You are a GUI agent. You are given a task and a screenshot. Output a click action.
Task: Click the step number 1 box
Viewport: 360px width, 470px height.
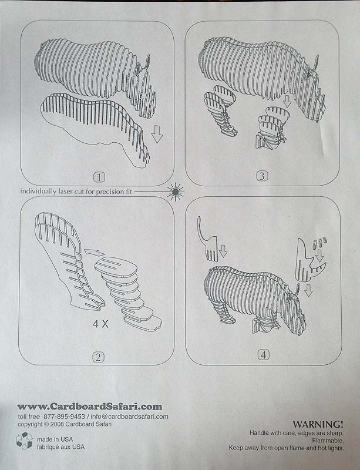click(99, 177)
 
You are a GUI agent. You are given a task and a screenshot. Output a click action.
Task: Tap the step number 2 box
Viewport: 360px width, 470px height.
click(99, 357)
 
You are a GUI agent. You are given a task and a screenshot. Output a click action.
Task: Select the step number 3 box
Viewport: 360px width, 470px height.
click(262, 176)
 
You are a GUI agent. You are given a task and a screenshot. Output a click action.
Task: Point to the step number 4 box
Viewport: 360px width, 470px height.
click(264, 355)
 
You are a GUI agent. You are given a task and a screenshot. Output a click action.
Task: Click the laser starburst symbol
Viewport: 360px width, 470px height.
click(176, 192)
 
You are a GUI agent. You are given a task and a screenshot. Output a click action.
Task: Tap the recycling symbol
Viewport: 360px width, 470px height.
click(24, 441)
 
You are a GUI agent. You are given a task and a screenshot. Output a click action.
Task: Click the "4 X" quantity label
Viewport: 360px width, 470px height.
click(100, 324)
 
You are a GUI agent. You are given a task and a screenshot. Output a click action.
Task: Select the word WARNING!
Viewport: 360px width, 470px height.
click(318, 424)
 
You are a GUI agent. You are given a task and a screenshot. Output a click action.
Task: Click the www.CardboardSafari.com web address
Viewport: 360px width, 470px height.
click(90, 407)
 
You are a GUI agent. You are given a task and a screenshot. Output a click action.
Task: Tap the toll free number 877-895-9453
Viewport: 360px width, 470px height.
click(64, 417)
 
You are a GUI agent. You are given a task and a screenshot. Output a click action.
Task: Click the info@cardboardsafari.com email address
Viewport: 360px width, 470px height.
click(129, 417)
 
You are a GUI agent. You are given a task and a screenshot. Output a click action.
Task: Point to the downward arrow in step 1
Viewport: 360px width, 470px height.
click(157, 134)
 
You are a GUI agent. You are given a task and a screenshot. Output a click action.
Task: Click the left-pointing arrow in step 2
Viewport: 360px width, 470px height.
click(94, 253)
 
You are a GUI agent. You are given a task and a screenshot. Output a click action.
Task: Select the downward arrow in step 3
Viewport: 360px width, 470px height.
click(287, 101)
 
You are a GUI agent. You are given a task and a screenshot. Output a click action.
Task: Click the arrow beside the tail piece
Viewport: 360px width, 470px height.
click(223, 251)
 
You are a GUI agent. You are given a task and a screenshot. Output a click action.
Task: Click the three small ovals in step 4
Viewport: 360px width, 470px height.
click(319, 242)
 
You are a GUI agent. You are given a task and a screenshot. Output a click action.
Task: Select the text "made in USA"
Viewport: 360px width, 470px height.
click(55, 439)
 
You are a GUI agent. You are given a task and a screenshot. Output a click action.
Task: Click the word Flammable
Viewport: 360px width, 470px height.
click(328, 441)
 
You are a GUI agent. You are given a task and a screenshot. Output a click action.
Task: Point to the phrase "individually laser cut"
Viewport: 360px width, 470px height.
click(52, 192)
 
